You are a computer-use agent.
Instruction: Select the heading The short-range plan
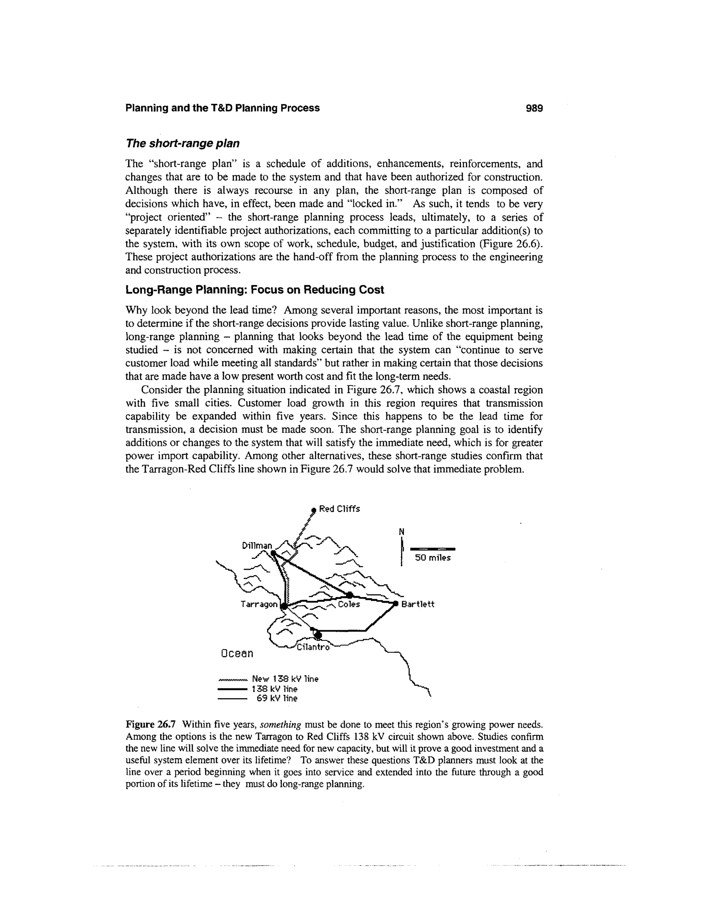coord(182,143)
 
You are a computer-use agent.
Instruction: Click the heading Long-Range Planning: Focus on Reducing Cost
coord(254,290)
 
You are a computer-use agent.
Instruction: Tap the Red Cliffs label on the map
coord(339,509)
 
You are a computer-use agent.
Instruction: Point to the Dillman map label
coord(257,546)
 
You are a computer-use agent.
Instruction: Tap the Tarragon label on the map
coord(259,604)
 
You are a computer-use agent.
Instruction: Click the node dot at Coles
coord(350,595)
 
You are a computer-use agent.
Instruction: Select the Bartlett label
coord(417,604)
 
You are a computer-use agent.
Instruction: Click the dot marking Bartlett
coord(395,604)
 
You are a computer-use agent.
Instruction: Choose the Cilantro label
coord(313,647)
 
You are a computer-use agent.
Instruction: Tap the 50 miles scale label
coord(433,558)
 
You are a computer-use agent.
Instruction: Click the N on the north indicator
coord(402,532)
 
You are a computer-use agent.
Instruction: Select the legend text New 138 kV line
coord(285,679)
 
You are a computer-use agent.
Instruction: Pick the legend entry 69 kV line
coord(276,698)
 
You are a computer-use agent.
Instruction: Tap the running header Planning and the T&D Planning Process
coord(222,108)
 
